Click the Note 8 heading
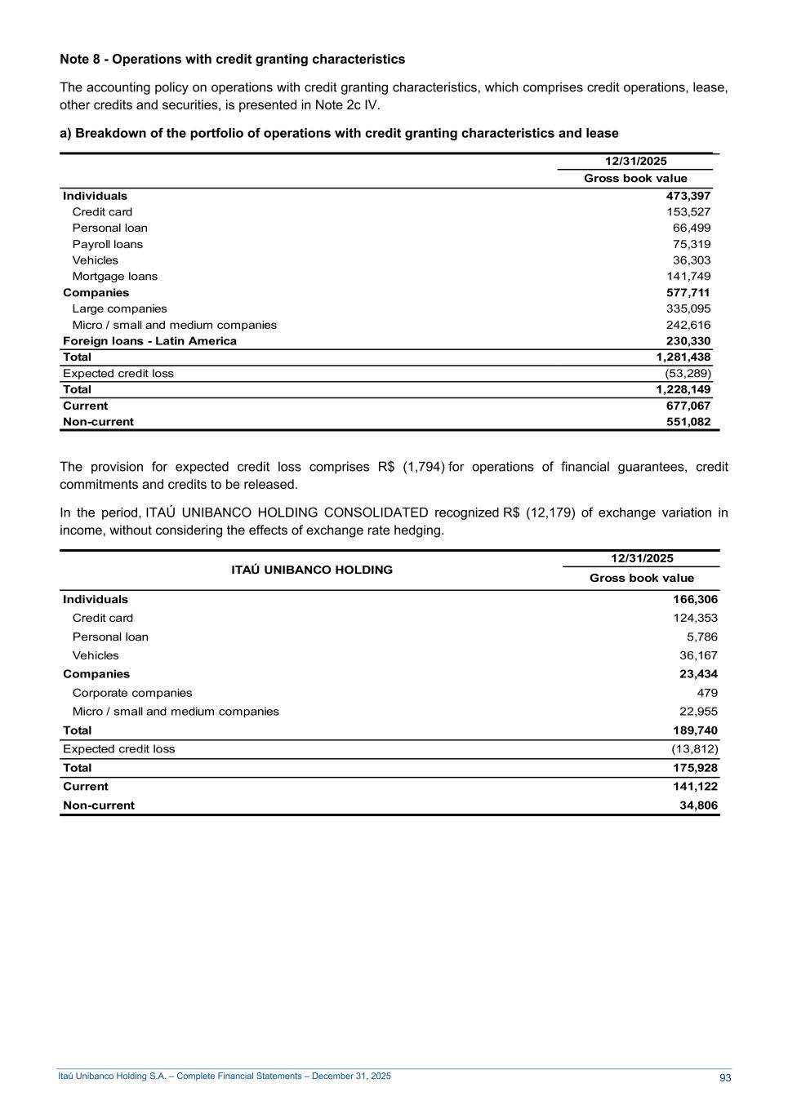coord(232,60)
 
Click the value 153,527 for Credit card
coord(688,212)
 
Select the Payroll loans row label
coord(107,244)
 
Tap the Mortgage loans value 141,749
coord(688,277)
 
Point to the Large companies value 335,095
coord(688,308)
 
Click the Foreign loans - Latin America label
coord(149,341)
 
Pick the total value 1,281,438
coord(683,357)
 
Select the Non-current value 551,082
coord(688,422)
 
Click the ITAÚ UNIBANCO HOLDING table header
coord(312,570)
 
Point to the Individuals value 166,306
coord(695,600)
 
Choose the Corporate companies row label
coord(132,693)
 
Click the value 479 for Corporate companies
coord(706,693)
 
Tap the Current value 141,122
coord(695,787)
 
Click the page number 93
coord(725,1078)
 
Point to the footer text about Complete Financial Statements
coord(225,1076)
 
